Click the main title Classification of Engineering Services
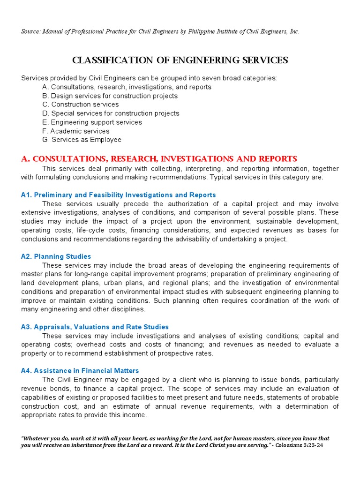(x=180, y=60)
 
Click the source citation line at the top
(x=160, y=31)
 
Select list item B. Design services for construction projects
(x=110, y=96)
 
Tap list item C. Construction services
(x=80, y=105)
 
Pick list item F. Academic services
(x=75, y=131)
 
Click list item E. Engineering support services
(x=92, y=122)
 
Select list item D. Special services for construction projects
(x=111, y=113)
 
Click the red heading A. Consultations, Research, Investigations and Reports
(x=159, y=159)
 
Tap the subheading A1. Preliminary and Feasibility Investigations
(x=118, y=195)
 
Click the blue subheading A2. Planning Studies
(x=56, y=256)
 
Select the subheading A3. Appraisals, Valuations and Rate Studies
(x=95, y=327)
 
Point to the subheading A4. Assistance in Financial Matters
(x=80, y=370)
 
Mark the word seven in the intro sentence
(x=192, y=78)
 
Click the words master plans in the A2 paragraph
(x=41, y=274)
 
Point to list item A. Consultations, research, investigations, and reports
(x=127, y=87)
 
